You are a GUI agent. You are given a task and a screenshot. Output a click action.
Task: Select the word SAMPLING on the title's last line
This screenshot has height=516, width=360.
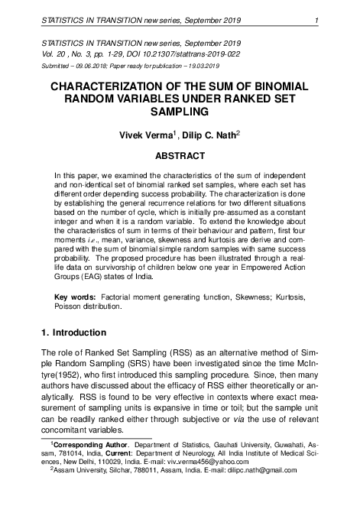[180, 112]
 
